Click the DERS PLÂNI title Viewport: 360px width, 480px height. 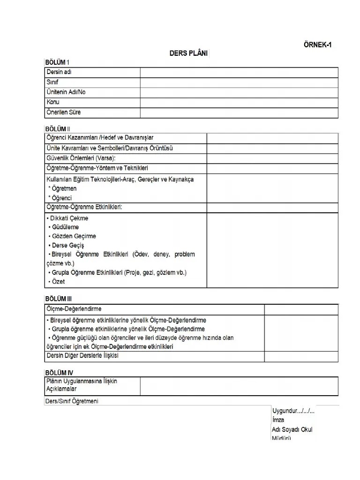(189, 53)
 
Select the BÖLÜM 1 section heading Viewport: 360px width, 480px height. (58, 62)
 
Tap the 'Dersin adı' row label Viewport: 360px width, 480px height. (59, 72)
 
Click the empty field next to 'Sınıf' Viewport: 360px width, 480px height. (239, 82)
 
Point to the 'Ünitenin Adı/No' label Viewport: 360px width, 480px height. (66, 92)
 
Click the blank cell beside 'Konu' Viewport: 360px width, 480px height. (239, 102)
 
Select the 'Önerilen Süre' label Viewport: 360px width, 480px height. (64, 112)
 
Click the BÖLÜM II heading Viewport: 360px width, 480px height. (58, 128)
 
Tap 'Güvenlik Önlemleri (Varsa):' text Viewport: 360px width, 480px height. (81, 158)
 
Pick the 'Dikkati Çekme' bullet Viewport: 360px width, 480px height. (68, 218)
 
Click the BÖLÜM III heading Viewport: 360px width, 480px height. (59, 299)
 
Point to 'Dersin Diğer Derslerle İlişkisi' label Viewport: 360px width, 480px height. (82, 356)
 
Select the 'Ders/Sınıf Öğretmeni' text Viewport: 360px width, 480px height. (71, 401)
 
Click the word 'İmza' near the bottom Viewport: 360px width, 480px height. (278, 420)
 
